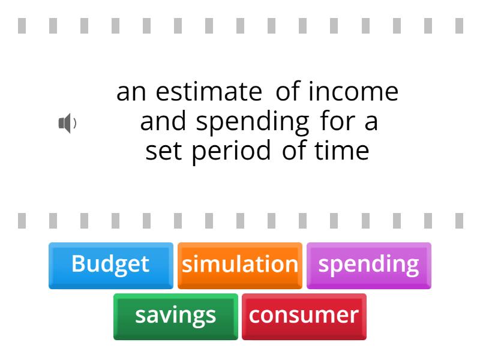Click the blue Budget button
click(x=110, y=265)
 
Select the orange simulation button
click(x=239, y=265)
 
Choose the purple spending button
click(x=368, y=265)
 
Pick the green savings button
click(x=175, y=316)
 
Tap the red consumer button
click(x=304, y=316)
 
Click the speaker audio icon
click(x=66, y=124)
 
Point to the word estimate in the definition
click(x=209, y=92)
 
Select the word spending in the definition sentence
click(x=253, y=122)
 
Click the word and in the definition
click(x=163, y=122)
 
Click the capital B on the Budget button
click(x=78, y=264)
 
